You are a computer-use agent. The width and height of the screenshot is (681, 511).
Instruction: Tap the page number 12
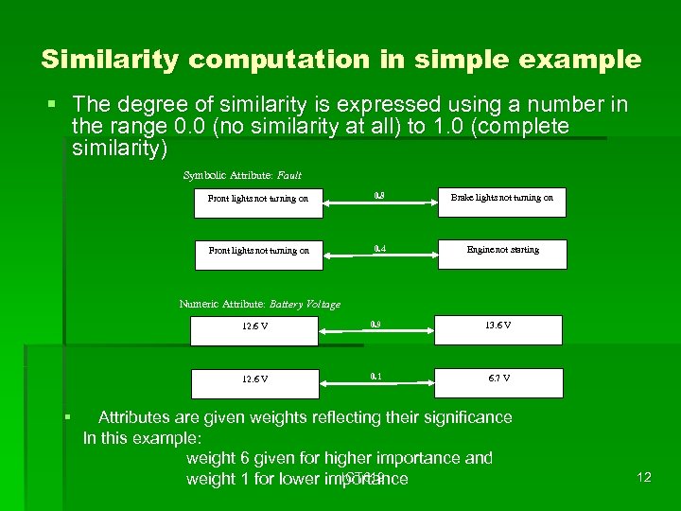pyautogui.click(x=644, y=477)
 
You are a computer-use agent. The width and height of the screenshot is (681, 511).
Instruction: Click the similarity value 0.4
pyautogui.click(x=379, y=249)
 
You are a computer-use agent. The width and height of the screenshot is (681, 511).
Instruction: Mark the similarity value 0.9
pyautogui.click(x=375, y=324)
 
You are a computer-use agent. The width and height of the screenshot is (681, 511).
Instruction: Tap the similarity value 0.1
pyautogui.click(x=375, y=376)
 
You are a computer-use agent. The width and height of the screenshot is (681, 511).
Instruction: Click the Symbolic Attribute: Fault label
pyautogui.click(x=242, y=175)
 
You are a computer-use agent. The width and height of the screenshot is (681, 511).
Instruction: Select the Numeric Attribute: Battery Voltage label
pyautogui.click(x=259, y=304)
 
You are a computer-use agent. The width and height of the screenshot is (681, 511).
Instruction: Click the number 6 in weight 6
pyautogui.click(x=244, y=459)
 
